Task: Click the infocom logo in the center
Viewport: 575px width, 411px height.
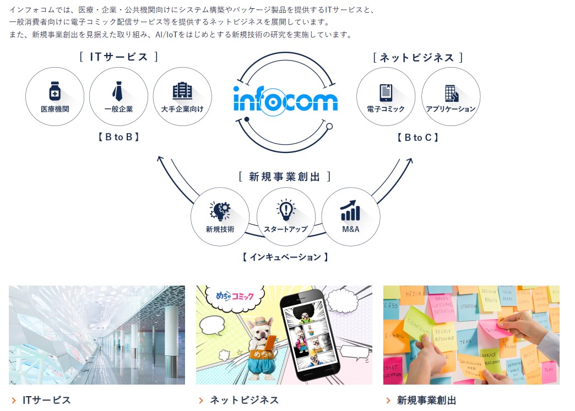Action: click(x=285, y=101)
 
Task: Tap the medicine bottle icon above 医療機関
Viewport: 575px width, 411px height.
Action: click(x=55, y=91)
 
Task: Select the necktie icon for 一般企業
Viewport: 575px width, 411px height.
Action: click(x=118, y=91)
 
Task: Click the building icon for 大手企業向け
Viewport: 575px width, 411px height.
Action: click(x=182, y=91)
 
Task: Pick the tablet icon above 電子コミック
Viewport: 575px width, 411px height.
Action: click(x=386, y=92)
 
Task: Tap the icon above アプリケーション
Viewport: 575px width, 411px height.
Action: click(x=451, y=92)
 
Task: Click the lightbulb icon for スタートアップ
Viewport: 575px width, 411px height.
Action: click(x=285, y=210)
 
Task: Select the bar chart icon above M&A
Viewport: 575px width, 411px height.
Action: click(x=350, y=210)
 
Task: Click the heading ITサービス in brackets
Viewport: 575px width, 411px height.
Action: click(x=118, y=57)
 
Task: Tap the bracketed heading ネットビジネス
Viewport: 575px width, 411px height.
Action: click(x=417, y=57)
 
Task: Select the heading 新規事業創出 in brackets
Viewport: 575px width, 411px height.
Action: click(x=285, y=176)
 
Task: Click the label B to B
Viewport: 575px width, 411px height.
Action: click(x=118, y=137)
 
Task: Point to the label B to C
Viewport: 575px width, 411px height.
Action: click(x=418, y=138)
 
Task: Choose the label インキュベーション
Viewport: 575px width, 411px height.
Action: click(x=285, y=257)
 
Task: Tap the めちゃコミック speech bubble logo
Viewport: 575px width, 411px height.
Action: click(x=233, y=298)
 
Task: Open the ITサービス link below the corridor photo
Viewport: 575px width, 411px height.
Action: click(x=46, y=400)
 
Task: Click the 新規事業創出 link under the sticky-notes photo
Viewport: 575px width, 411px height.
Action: click(x=426, y=400)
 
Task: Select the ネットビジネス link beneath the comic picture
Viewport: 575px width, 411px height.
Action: click(x=244, y=400)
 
